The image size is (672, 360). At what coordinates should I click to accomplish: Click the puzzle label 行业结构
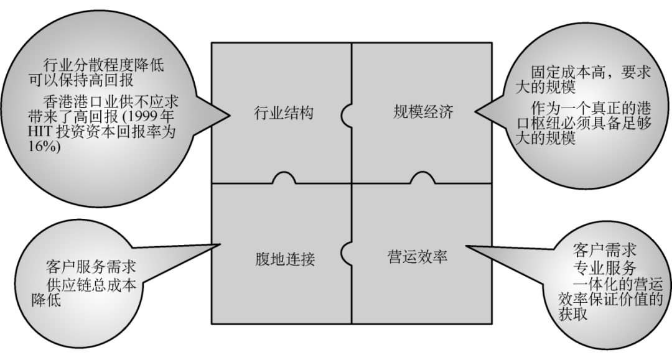pyautogui.click(x=284, y=113)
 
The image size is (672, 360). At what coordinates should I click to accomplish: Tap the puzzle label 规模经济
pyautogui.click(x=423, y=113)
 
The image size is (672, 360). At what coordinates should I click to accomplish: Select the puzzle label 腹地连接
pyautogui.click(x=285, y=258)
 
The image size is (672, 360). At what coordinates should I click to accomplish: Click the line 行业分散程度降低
pyautogui.click(x=103, y=65)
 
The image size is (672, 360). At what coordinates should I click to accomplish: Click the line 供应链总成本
pyautogui.click(x=91, y=284)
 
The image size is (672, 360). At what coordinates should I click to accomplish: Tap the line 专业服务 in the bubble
pyautogui.click(x=604, y=269)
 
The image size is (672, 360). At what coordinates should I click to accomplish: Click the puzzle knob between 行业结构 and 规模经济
pyautogui.click(x=347, y=113)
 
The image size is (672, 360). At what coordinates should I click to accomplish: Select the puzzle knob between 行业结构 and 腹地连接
pyautogui.click(x=283, y=178)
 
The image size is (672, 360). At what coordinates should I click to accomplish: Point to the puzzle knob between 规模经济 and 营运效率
pyautogui.click(x=422, y=178)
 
